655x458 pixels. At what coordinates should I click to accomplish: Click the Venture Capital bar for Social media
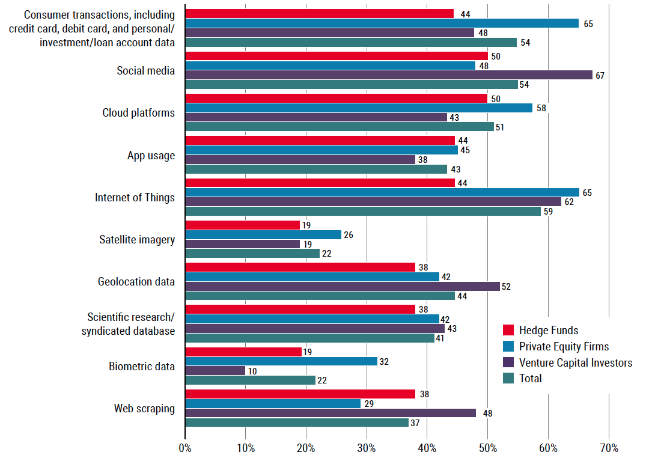tap(389, 75)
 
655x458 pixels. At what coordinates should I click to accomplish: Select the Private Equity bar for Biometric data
tap(281, 361)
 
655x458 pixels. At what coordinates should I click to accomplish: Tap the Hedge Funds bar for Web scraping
tap(300, 394)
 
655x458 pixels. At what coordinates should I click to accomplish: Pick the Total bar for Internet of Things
tap(363, 211)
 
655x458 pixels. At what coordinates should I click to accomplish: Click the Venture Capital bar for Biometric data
tap(215, 371)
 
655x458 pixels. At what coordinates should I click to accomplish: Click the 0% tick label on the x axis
tap(185, 448)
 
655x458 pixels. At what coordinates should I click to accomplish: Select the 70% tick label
tap(608, 448)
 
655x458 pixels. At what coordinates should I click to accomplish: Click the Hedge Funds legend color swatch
tap(508, 330)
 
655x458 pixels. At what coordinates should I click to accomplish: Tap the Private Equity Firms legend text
tap(564, 346)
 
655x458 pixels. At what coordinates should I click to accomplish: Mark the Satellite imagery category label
tap(137, 240)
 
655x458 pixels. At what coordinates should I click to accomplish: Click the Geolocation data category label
tap(136, 282)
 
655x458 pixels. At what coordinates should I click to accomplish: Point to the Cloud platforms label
tap(138, 113)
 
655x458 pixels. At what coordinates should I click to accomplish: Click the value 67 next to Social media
tap(599, 75)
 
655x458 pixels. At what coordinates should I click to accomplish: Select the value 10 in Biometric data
tap(252, 371)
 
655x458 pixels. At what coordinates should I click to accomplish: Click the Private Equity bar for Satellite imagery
tap(263, 235)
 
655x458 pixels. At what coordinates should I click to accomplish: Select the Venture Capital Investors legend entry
tap(576, 362)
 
